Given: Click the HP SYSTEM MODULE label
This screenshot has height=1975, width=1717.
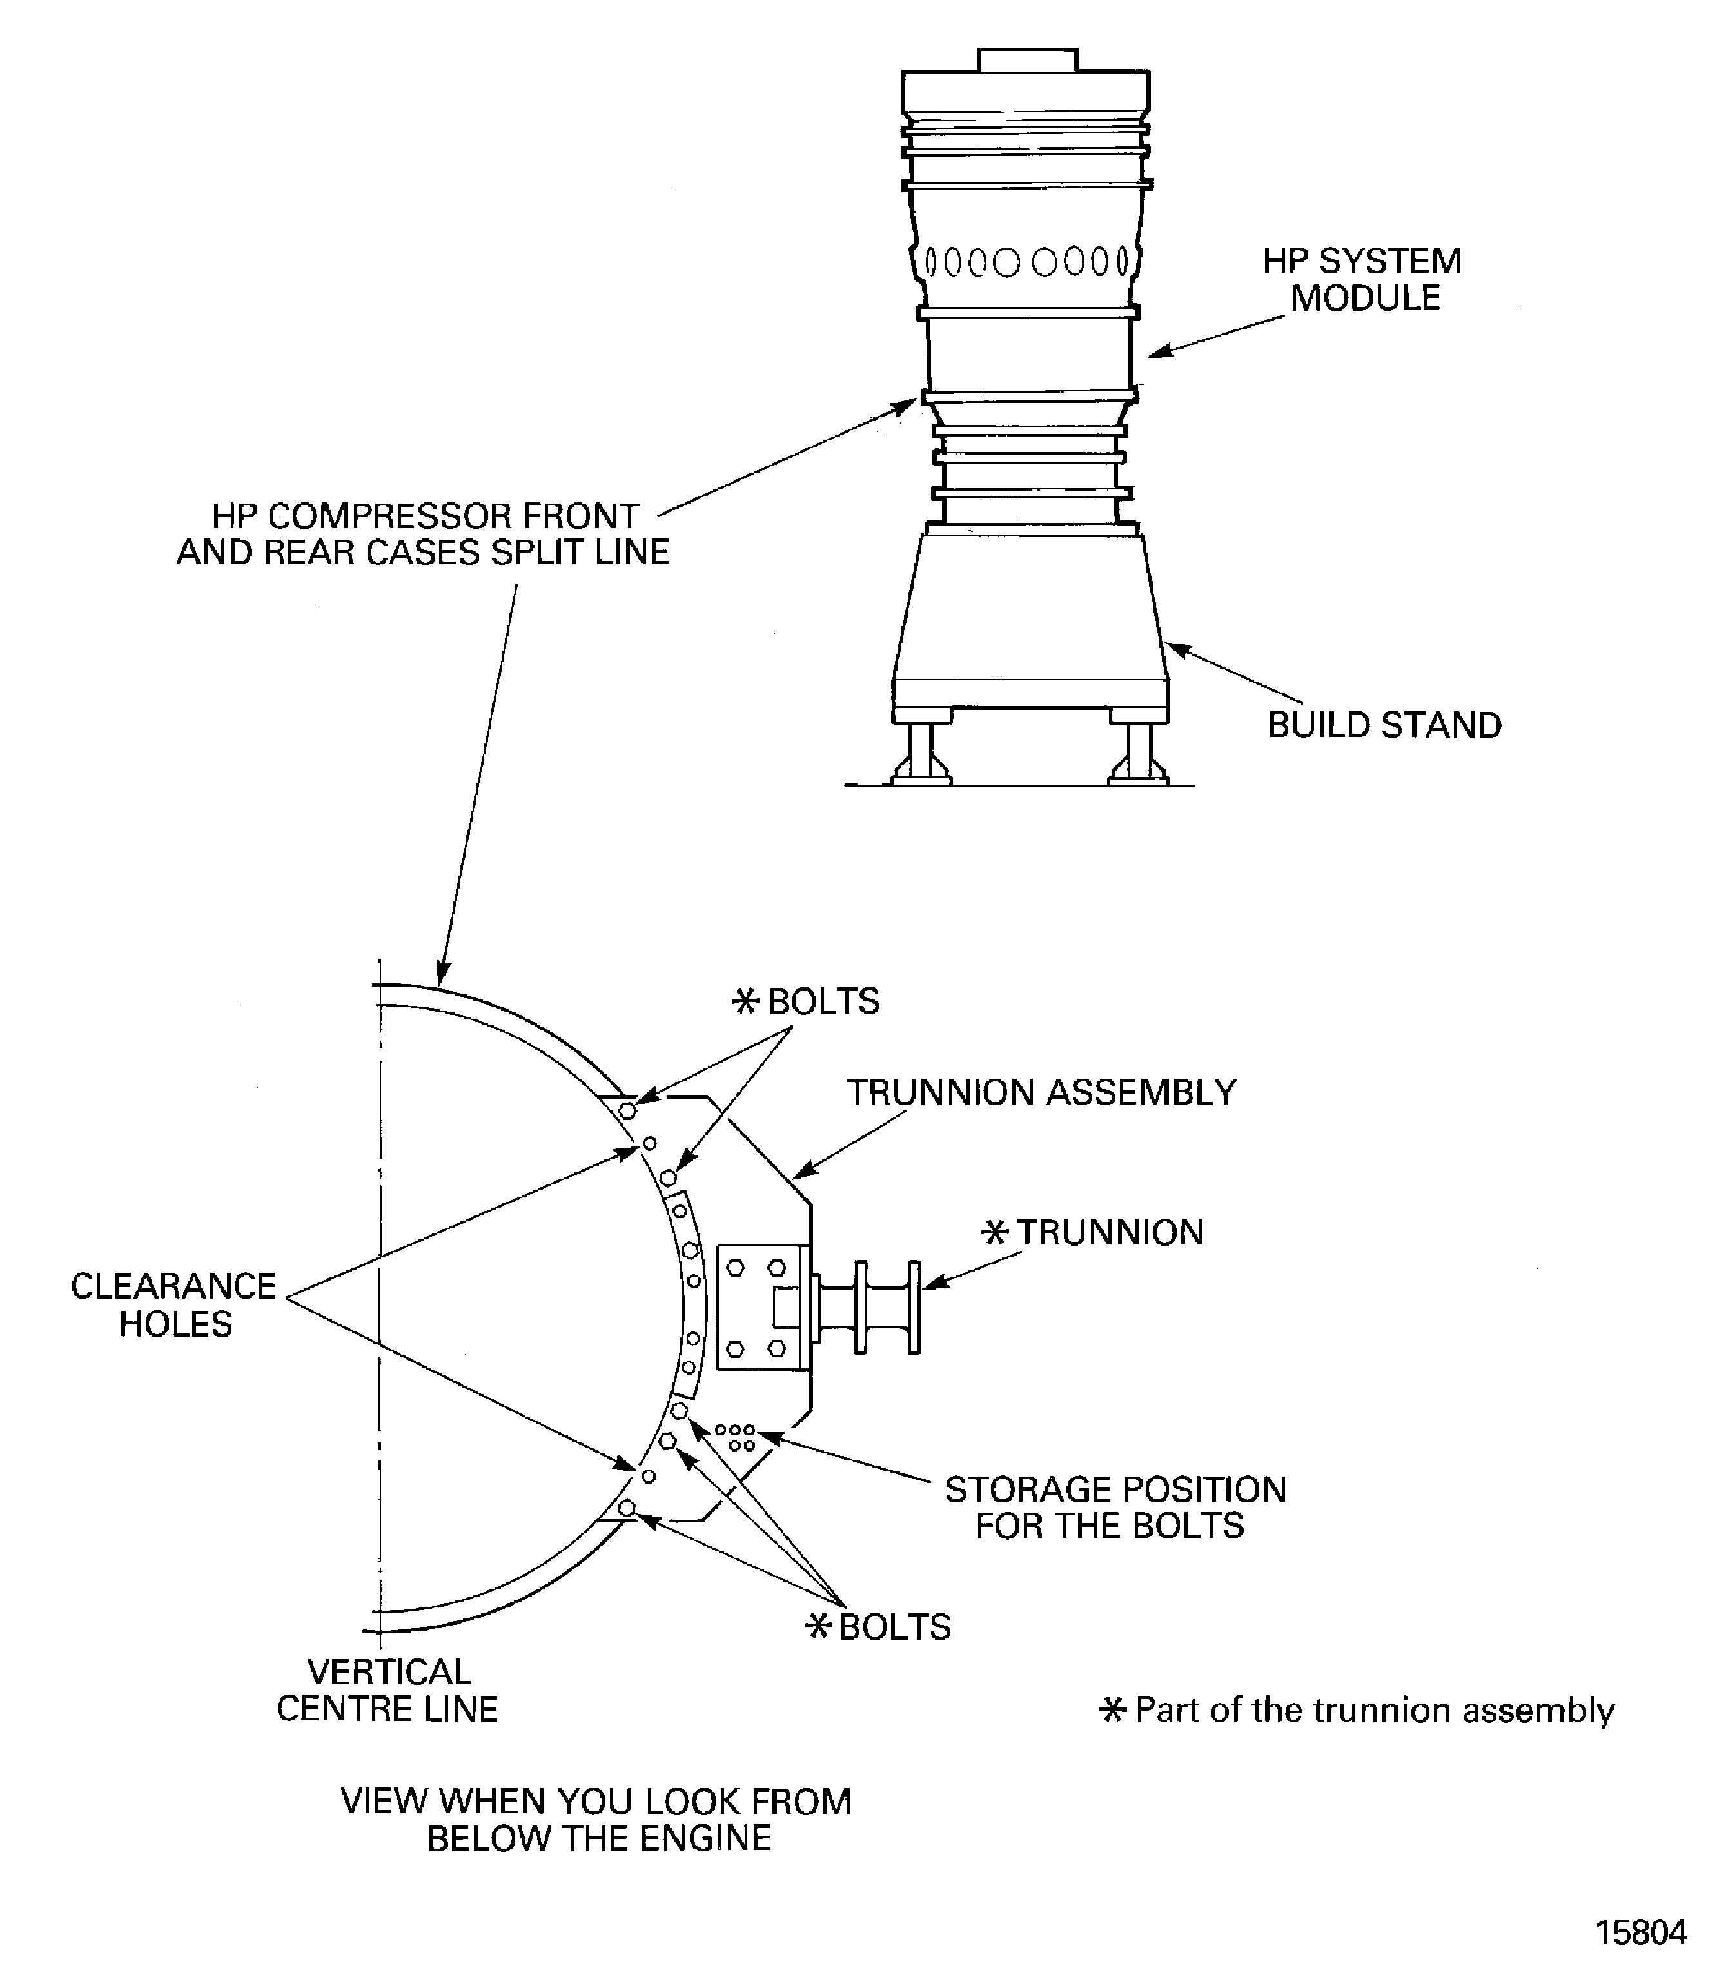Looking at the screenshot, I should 1362,279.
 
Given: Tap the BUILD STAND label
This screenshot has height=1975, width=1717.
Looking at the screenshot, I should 1384,725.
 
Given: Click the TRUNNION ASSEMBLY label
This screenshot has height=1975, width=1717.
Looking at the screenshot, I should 1041,1092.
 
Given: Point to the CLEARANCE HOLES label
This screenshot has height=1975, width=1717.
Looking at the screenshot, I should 173,1304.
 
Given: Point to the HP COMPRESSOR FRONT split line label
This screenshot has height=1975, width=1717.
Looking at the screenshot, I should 422,534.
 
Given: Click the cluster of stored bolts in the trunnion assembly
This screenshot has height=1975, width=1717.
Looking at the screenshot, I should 735,1437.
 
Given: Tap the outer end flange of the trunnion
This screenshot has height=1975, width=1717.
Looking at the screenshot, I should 914,1307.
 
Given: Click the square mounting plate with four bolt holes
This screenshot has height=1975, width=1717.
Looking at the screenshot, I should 757,1307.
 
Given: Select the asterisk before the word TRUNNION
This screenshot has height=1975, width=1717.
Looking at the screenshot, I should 996,1232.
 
